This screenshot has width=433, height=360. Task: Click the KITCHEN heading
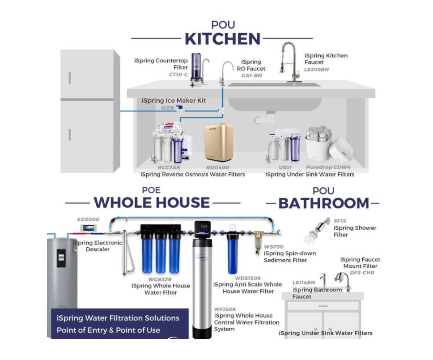click(x=223, y=39)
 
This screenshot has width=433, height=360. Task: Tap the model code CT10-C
click(x=178, y=75)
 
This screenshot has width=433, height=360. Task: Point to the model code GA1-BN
click(x=251, y=76)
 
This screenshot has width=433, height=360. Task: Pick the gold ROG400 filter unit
click(x=219, y=142)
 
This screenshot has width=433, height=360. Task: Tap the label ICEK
click(x=168, y=108)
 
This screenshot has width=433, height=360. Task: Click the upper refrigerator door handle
click(x=70, y=78)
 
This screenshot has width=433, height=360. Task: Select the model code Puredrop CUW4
click(x=328, y=167)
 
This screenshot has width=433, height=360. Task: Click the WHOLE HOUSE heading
click(x=152, y=203)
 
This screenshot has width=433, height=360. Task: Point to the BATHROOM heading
click(x=324, y=203)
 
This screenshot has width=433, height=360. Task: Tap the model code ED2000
click(x=88, y=219)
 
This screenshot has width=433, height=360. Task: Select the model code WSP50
click(x=274, y=247)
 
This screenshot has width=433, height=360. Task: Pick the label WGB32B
click(x=160, y=279)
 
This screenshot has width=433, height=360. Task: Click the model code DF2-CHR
click(x=362, y=273)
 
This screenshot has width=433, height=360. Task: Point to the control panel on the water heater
click(x=61, y=258)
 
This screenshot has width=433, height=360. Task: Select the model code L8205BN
click(x=316, y=69)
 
